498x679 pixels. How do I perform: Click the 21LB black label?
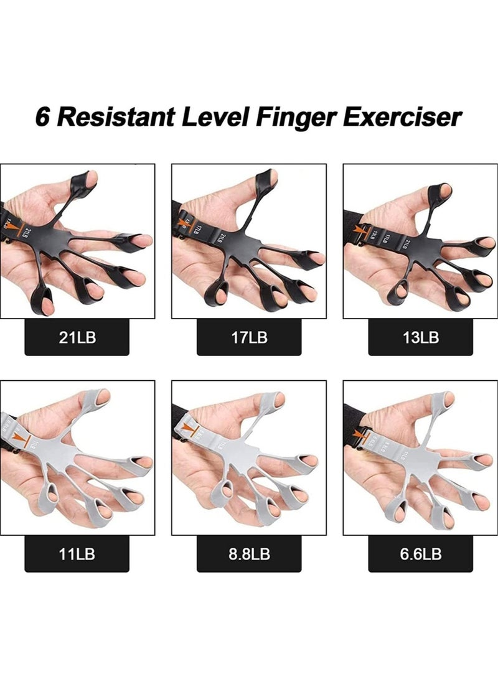77,338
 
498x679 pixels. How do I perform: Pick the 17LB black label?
248,338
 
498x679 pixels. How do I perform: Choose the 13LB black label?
420,338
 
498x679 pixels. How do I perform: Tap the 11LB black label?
77,555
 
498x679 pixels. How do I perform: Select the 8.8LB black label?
248,555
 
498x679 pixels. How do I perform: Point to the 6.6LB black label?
420,555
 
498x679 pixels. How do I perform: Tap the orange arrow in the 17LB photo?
184,220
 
